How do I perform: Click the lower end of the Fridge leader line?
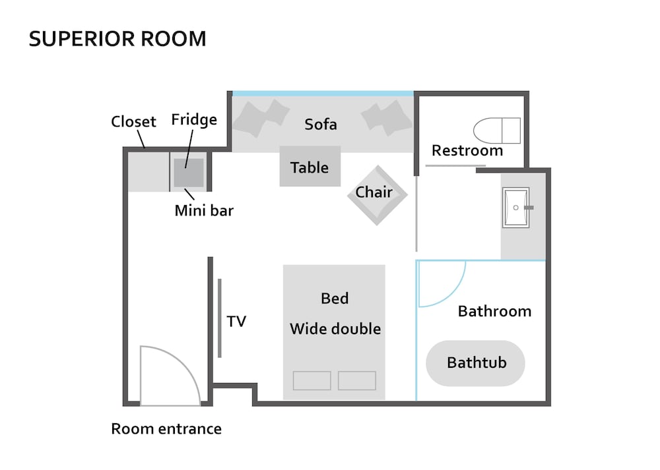(x=185, y=167)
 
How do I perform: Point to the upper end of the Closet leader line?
(x=138, y=131)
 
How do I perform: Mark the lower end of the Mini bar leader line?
(x=194, y=200)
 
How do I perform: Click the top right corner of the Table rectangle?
(x=341, y=146)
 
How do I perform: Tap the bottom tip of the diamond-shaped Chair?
(x=377, y=225)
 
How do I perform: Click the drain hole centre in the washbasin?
(x=515, y=208)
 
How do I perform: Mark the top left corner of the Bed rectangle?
(x=283, y=265)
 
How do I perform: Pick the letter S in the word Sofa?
(x=308, y=125)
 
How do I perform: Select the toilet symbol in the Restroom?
(x=497, y=131)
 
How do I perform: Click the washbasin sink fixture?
(x=516, y=208)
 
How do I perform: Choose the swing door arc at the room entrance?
(x=170, y=376)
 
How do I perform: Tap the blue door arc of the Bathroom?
(x=442, y=283)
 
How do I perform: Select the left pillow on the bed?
(x=312, y=380)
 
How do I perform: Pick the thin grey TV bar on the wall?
(x=220, y=318)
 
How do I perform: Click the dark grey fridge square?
(x=189, y=173)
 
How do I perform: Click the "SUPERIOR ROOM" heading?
(x=117, y=39)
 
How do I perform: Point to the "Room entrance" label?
(x=166, y=429)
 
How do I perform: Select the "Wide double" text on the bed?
(x=335, y=329)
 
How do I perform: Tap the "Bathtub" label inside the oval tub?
(x=477, y=363)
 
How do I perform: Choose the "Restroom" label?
(x=467, y=150)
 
